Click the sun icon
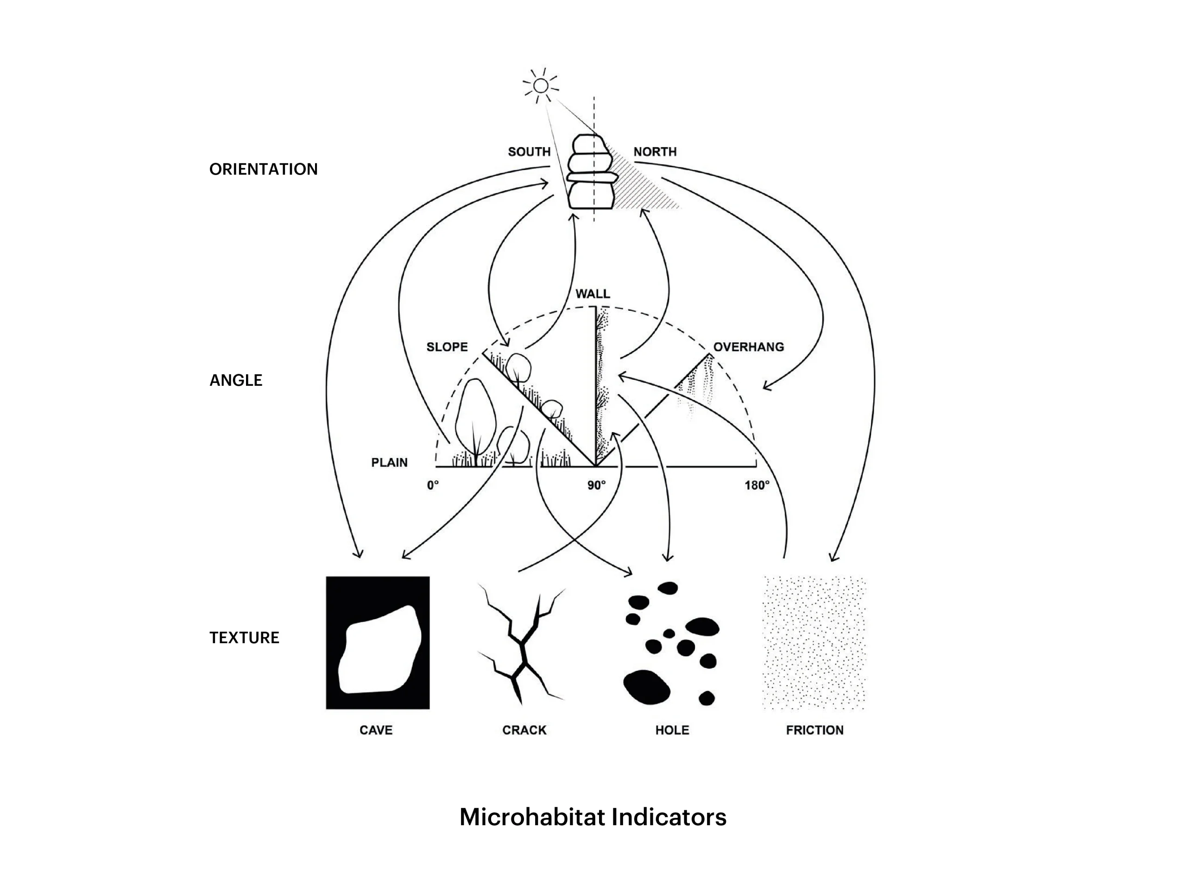541,86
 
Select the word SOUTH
529,152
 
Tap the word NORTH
655,152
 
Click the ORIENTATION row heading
263,169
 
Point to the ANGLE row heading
236,380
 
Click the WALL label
593,294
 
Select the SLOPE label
447,347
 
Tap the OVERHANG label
749,347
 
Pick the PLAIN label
389,462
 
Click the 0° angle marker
433,485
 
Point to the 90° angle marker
596,485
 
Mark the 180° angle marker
757,485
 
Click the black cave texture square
378,643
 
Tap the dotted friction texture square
814,643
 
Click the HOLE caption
672,730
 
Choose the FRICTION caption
814,730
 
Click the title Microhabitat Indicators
593,817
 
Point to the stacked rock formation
590,171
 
